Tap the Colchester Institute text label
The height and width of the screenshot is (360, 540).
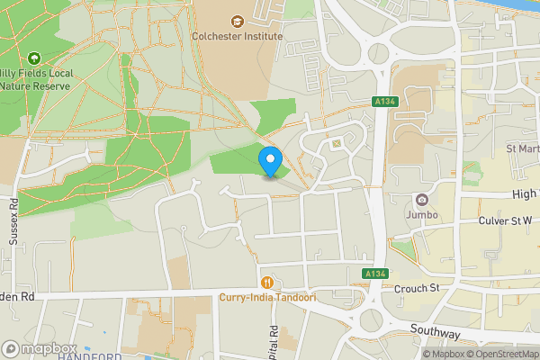[x=237, y=37]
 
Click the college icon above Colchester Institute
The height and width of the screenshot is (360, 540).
[x=238, y=21]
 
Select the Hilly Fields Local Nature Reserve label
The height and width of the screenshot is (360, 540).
[x=34, y=78]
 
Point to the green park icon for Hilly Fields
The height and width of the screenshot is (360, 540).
[x=35, y=57]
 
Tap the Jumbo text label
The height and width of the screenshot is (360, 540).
[x=421, y=215]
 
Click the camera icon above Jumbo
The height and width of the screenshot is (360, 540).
[x=421, y=200]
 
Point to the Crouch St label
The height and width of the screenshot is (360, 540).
[x=415, y=288]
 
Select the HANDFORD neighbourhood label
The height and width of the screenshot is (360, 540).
[x=90, y=356]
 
